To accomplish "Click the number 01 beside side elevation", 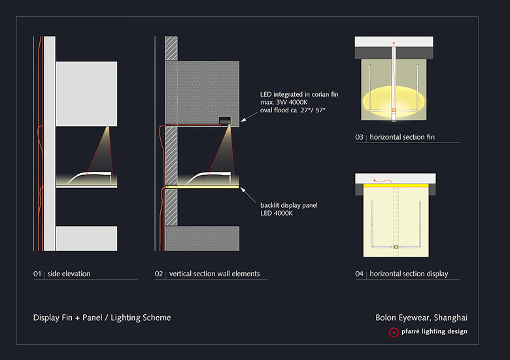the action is point(37,274).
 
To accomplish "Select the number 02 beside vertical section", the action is point(159,274).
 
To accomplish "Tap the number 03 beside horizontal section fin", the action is point(359,137).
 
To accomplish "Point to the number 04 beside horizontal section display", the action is point(359,274).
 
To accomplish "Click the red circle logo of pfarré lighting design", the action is point(394,333).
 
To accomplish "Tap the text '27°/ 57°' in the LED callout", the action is point(313,110).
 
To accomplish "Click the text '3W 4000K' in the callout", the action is point(292,103).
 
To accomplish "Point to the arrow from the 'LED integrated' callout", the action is point(249,117).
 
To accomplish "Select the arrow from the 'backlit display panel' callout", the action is point(248,195).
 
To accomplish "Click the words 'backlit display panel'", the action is point(289,205).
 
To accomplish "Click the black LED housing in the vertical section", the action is point(225,120).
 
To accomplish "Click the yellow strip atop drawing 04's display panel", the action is point(396,186).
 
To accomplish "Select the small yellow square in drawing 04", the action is point(396,247).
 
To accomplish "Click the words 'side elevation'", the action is point(69,274).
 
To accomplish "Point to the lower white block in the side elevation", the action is point(86,238).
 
